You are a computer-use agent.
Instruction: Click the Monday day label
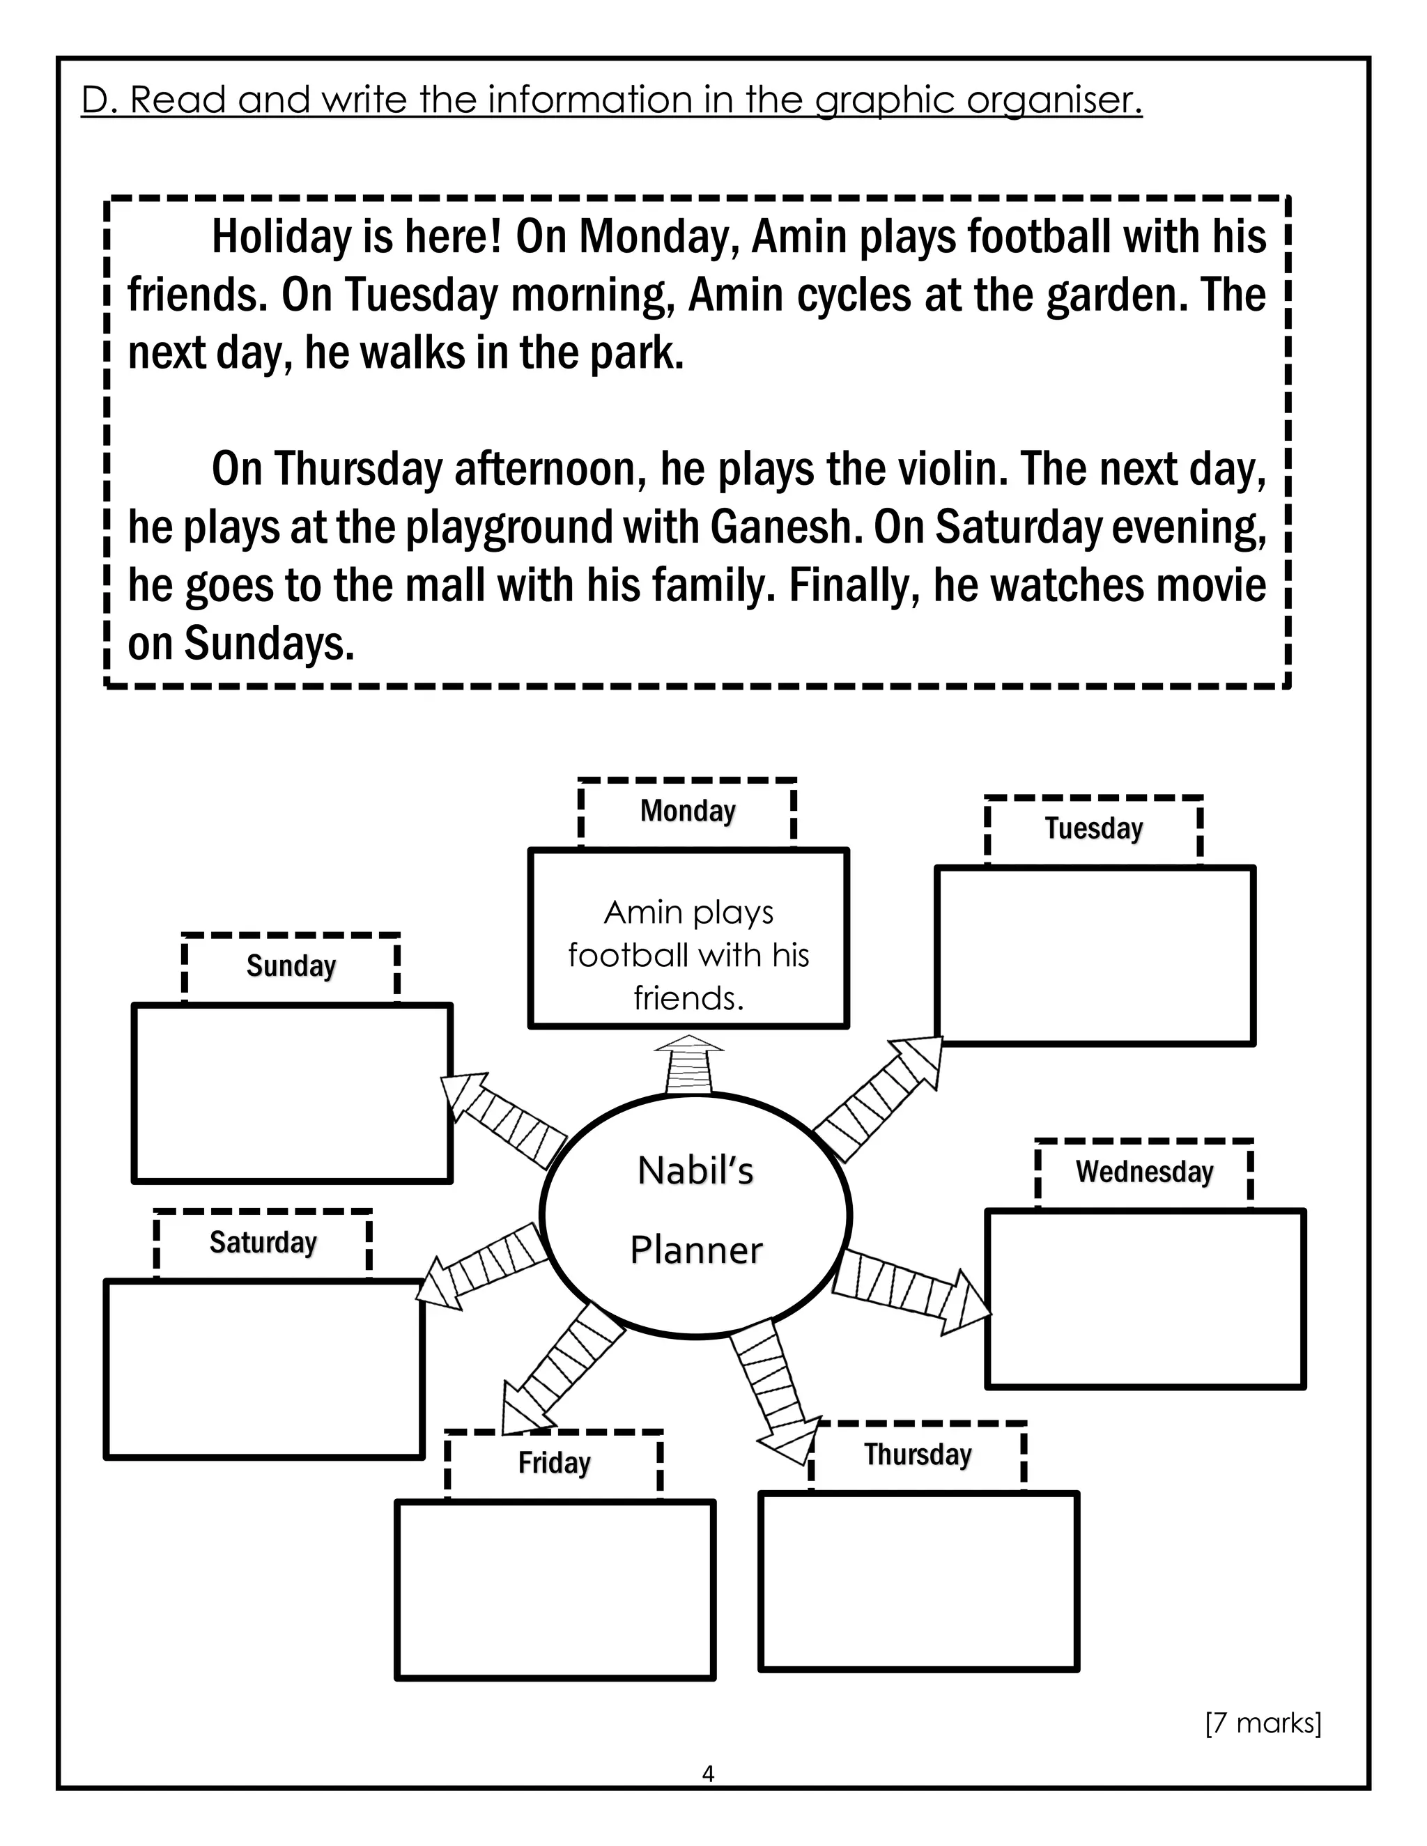(687, 811)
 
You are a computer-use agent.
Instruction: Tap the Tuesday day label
(1093, 828)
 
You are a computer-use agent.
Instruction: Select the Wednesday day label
(1144, 1172)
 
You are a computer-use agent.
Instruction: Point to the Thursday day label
(917, 1455)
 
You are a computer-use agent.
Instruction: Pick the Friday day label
(554, 1463)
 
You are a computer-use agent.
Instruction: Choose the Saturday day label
(263, 1243)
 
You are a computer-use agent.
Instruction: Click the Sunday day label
(291, 966)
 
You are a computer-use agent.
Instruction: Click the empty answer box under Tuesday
(1095, 956)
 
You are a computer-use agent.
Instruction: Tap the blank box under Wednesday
(1146, 1299)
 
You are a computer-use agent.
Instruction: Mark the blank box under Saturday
(264, 1370)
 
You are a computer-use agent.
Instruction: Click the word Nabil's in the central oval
(695, 1172)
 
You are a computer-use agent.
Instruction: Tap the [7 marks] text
(1263, 1723)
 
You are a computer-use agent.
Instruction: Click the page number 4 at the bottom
(708, 1774)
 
